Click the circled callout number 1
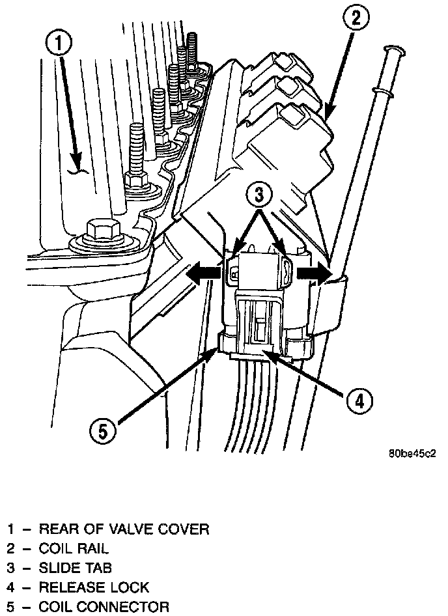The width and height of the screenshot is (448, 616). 59,45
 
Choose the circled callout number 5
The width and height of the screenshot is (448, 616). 105,430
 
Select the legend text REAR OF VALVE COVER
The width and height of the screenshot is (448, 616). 124,529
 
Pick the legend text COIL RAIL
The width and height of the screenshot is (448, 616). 74,548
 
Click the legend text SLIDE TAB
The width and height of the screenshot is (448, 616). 76,568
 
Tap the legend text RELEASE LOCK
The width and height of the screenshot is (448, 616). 94,587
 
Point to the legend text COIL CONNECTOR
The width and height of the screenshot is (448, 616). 104,607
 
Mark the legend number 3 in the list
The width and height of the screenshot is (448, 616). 11,568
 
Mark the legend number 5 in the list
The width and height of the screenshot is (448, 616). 11,607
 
